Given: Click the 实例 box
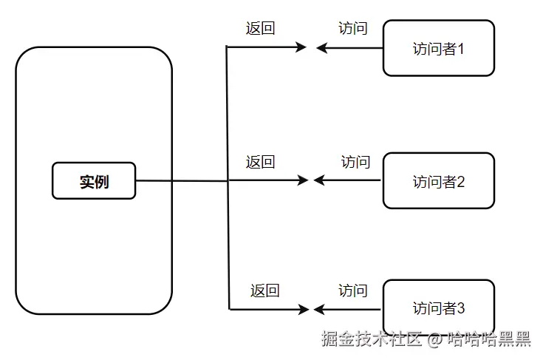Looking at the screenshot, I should click(94, 181).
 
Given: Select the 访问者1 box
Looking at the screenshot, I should click(438, 49).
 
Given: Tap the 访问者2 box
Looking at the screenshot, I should click(438, 181).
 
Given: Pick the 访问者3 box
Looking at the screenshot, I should click(438, 308).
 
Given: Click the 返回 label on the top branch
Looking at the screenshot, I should click(260, 29).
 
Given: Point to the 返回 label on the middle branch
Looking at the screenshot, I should click(260, 162).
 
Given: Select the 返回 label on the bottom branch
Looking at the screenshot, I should click(264, 291).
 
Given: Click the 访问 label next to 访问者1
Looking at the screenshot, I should click(353, 29).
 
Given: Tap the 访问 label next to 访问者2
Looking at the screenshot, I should click(355, 162).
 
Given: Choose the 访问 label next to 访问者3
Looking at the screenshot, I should click(353, 291).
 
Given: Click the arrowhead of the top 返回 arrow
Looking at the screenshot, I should click(301, 47).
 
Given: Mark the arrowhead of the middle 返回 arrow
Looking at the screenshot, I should click(302, 180).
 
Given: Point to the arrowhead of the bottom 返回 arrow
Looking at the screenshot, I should click(303, 308).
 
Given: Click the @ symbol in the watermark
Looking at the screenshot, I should click(435, 340).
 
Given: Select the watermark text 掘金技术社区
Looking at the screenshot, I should click(371, 339).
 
